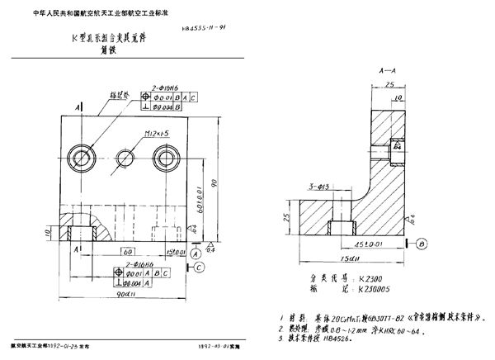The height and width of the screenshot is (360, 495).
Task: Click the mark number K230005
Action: click(x=378, y=291)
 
